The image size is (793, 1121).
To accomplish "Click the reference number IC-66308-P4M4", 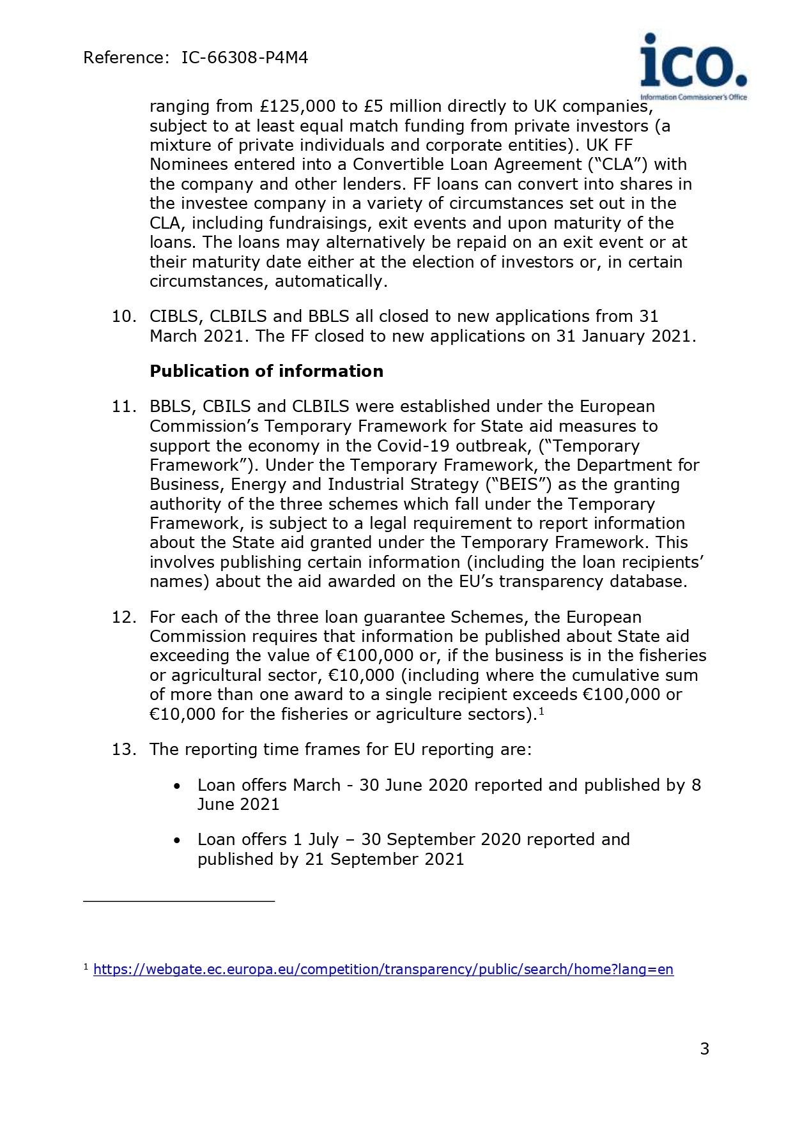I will tap(245, 58).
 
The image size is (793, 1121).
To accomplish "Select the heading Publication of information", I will tap(266, 371).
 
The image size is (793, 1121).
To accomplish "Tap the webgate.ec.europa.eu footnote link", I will tap(383, 970).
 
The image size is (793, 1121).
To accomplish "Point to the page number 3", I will tap(704, 1049).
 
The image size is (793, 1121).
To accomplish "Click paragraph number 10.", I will tap(124, 317).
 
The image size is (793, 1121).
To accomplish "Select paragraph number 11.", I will tap(124, 407).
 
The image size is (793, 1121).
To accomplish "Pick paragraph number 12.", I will tap(124, 618).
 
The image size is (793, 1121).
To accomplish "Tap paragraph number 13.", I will tap(124, 749).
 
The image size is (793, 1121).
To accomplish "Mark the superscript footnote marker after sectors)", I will tap(541, 710).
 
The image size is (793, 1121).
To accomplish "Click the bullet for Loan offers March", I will tap(177, 786).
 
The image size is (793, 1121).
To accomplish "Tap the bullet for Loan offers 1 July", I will tap(177, 840).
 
